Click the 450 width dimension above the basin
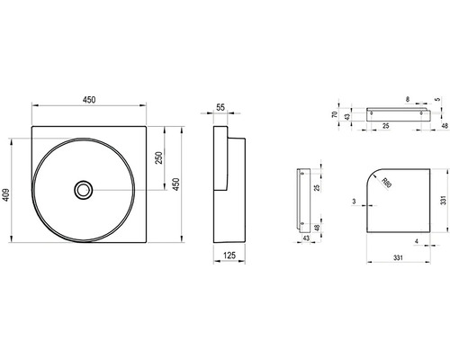click(x=89, y=100)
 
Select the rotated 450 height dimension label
click(x=176, y=184)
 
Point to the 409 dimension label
click(x=5, y=194)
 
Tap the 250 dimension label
click(x=159, y=157)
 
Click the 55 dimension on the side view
click(x=220, y=107)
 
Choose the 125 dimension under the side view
click(x=229, y=256)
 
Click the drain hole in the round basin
click(x=84, y=190)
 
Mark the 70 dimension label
click(x=336, y=114)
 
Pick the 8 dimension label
click(x=407, y=99)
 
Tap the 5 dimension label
click(x=438, y=99)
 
